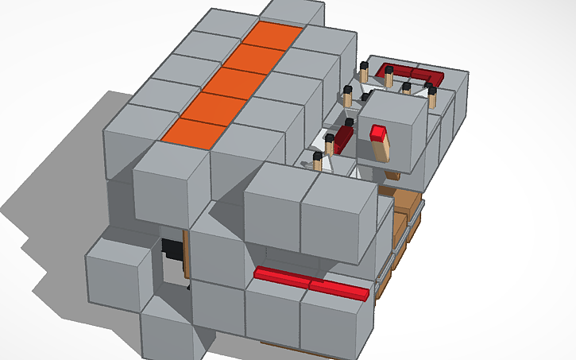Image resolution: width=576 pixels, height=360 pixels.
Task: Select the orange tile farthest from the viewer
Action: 273,35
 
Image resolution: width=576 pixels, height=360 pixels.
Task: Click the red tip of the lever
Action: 378,131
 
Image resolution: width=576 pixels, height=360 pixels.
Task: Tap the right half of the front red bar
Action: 339,289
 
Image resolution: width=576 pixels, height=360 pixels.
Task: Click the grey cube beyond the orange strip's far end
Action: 292,12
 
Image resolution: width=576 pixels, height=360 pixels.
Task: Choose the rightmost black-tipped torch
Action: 432,95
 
